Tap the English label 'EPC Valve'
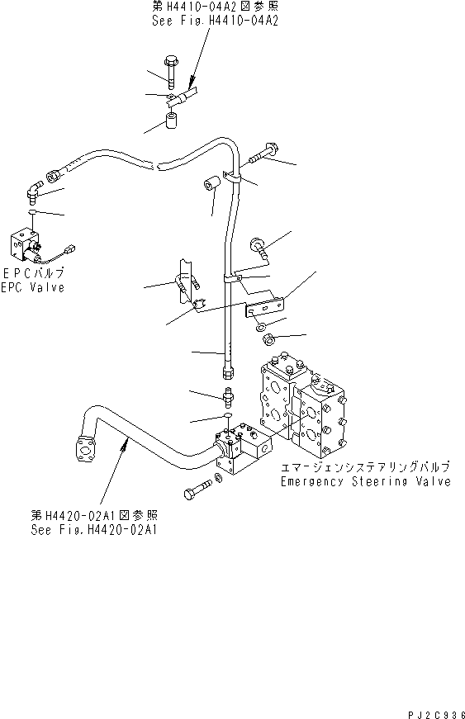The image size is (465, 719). (x=33, y=288)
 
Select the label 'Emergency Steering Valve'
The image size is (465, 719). (x=365, y=480)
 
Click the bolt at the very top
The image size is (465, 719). (x=170, y=69)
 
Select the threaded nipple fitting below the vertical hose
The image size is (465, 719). (x=229, y=395)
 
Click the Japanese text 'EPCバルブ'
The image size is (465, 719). (x=33, y=272)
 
